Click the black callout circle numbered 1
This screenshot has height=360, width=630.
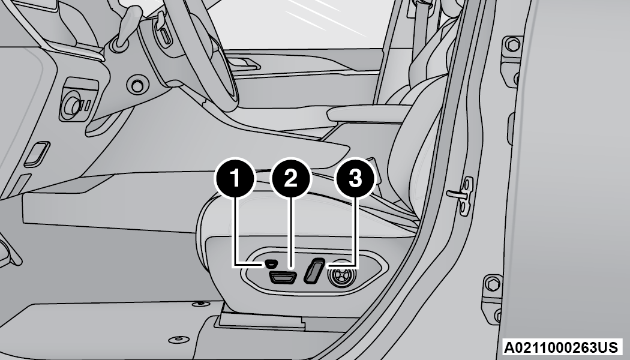(235, 178)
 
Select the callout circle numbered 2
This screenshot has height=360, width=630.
(291, 178)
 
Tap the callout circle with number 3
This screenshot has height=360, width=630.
(355, 178)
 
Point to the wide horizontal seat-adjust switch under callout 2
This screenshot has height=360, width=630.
(283, 277)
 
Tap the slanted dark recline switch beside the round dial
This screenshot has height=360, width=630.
(314, 271)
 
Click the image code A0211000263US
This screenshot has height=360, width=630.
(561, 347)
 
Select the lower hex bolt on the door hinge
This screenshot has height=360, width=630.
(493, 284)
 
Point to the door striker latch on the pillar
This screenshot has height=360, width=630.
(462, 196)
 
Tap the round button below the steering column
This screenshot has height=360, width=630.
(137, 85)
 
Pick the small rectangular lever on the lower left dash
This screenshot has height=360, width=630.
(37, 154)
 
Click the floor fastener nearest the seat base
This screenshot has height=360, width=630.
(201, 304)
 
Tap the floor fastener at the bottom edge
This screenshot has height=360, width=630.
(179, 340)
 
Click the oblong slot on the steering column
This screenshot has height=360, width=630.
(165, 35)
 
